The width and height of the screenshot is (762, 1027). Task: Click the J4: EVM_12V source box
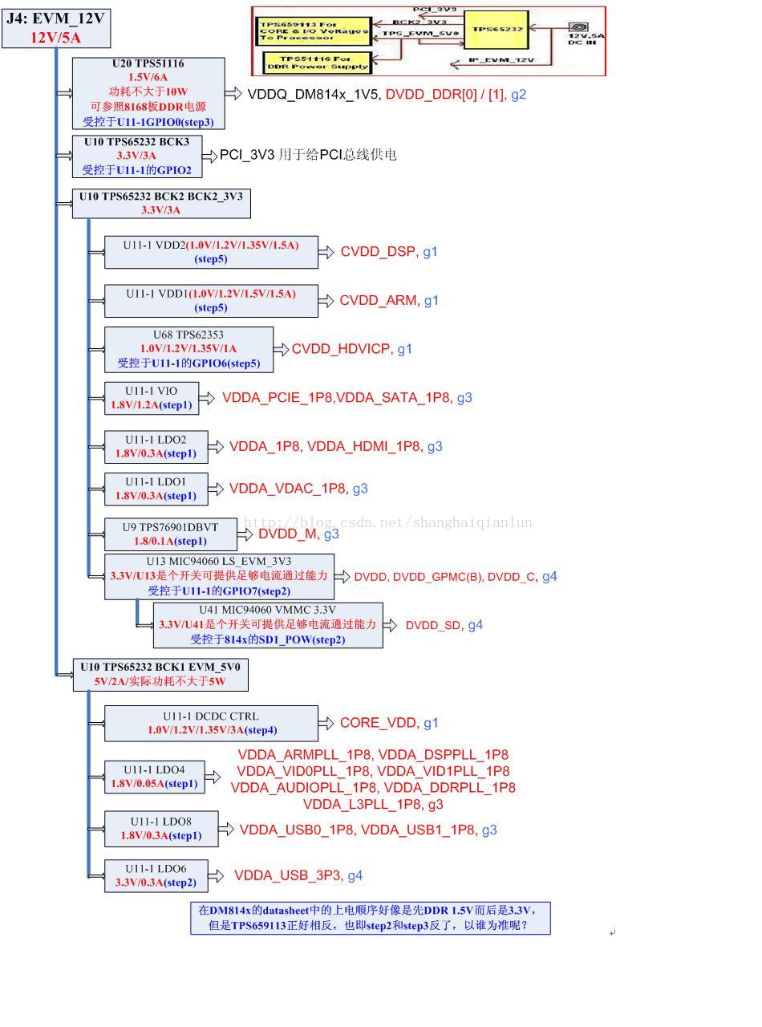(55, 28)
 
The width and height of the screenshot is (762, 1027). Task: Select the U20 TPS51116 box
(148, 93)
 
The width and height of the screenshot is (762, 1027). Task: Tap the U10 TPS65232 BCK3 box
(136, 156)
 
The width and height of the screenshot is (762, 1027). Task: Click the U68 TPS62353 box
(188, 349)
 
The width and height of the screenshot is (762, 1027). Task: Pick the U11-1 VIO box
(151, 398)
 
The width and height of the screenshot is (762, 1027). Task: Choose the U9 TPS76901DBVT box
(170, 534)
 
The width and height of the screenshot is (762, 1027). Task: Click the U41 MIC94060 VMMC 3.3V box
(268, 625)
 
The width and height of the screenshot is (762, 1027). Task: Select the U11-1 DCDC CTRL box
(211, 723)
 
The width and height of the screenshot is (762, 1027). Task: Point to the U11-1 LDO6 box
(156, 875)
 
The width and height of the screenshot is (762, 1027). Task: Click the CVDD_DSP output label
(378, 252)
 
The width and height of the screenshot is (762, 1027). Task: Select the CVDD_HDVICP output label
(341, 349)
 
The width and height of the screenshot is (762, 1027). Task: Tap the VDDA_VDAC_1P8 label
(287, 489)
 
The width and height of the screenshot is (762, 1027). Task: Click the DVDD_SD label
(433, 625)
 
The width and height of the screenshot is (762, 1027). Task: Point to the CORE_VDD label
(378, 723)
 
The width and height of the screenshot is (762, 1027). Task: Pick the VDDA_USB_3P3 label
(287, 875)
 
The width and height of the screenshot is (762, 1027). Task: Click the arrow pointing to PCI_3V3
(209, 156)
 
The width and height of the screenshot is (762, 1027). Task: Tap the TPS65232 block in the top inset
(497, 29)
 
